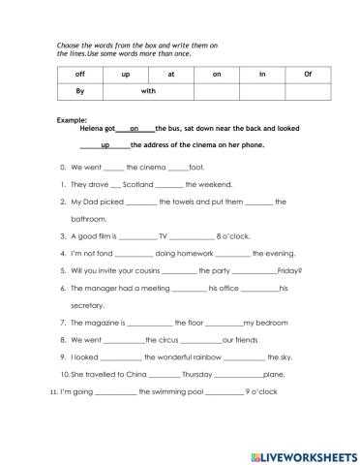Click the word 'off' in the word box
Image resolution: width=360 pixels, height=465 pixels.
point(80,74)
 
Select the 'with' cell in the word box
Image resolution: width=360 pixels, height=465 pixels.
point(148,91)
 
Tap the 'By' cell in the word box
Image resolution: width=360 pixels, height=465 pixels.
point(81,91)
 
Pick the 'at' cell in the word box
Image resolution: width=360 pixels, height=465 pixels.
point(171,74)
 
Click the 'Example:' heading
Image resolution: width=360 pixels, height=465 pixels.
point(73,119)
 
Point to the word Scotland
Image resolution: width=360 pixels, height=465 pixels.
point(138,183)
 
